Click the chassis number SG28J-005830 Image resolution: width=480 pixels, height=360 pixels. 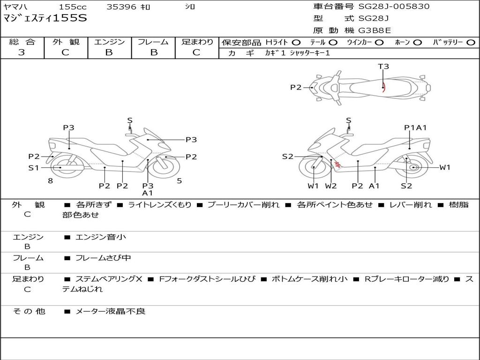(394, 6)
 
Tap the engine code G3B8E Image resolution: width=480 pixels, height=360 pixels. (375, 30)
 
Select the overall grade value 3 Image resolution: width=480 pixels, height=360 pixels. (22, 52)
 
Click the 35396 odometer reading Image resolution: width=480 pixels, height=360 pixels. (121, 7)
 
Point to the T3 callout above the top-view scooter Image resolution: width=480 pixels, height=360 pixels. (383, 66)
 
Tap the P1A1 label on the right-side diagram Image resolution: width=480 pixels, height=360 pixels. (415, 127)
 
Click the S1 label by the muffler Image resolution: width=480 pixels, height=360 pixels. (34, 167)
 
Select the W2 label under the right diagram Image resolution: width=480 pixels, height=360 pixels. (330, 186)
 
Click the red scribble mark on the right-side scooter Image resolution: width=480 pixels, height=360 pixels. (337, 165)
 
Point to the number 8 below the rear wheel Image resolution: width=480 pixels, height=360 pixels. (51, 180)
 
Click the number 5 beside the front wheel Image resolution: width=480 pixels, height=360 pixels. (180, 180)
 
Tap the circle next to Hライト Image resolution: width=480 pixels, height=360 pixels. (296, 43)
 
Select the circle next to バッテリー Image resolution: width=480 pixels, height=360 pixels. (471, 43)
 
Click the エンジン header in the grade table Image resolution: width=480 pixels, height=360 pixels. (109, 42)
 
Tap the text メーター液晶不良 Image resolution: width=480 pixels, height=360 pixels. (110, 311)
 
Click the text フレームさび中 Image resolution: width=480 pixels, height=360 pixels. (103, 258)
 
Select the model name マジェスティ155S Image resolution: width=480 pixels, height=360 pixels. (45, 18)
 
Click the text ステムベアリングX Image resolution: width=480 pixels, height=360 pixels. (109, 279)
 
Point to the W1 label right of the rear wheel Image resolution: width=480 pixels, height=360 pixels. (445, 167)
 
